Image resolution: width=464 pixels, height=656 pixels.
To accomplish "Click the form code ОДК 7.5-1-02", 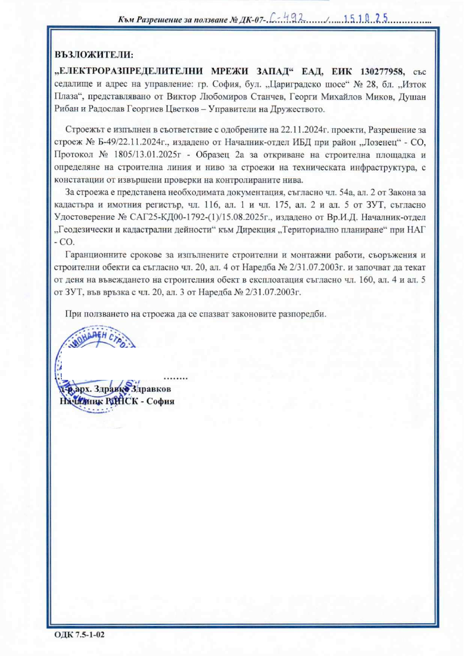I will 79,635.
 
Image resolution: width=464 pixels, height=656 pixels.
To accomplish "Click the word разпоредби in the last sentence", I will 304,315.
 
